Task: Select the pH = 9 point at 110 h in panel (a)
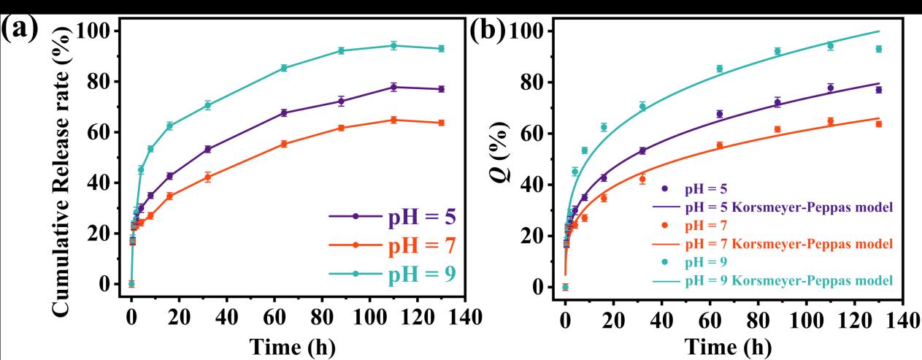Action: pos(393,45)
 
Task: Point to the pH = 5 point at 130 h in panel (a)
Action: pos(441,89)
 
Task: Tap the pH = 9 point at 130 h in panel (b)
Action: pos(879,49)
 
